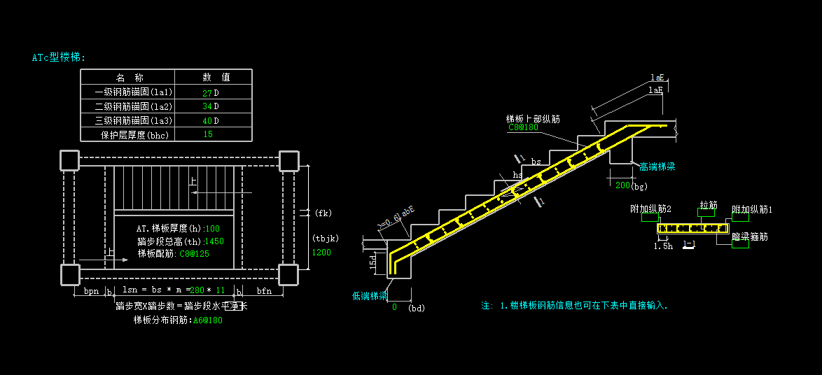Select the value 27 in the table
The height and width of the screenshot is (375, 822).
[207, 92]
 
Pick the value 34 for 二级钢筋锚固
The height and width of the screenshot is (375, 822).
[207, 106]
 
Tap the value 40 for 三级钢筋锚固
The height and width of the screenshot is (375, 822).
[207, 120]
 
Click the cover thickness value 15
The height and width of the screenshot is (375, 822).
[208, 134]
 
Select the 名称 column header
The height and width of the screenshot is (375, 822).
[130, 78]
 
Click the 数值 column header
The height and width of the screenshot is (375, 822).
[216, 78]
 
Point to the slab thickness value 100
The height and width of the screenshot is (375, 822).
[213, 229]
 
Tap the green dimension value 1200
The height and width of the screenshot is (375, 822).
[321, 253]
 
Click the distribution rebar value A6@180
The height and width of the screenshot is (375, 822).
[208, 320]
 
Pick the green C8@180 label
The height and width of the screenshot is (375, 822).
[522, 127]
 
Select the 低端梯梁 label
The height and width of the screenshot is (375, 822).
[370, 296]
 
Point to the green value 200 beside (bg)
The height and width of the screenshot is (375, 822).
[622, 185]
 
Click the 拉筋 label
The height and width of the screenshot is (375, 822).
[709, 205]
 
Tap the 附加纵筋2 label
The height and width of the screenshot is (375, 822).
[650, 209]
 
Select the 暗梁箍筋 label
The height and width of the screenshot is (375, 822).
[749, 237]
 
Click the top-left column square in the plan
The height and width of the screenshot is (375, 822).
[69, 161]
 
